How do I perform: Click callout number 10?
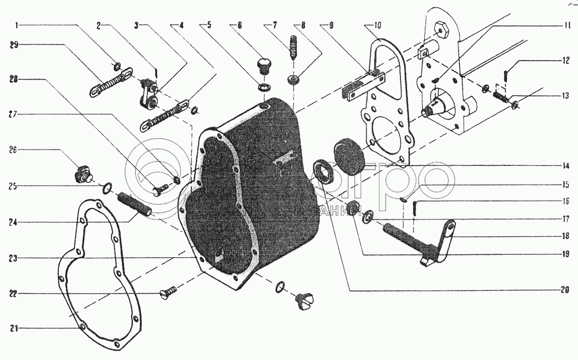tap(377, 25)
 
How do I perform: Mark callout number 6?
tap(238, 25)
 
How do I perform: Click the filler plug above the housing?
tap(264, 63)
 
